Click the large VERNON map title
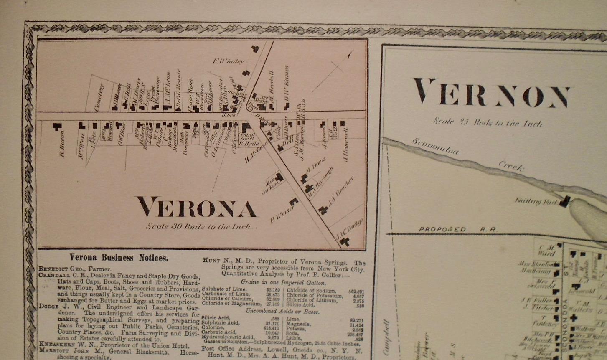point(491,93)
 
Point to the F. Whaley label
point(228,61)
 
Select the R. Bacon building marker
point(56,126)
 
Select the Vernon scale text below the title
point(488,122)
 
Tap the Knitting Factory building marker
point(564,202)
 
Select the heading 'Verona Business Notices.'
point(119,258)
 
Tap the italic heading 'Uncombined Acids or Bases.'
point(282,311)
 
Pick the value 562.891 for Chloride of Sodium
point(356,292)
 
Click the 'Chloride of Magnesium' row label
point(228,304)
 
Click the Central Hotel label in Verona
point(247,138)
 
